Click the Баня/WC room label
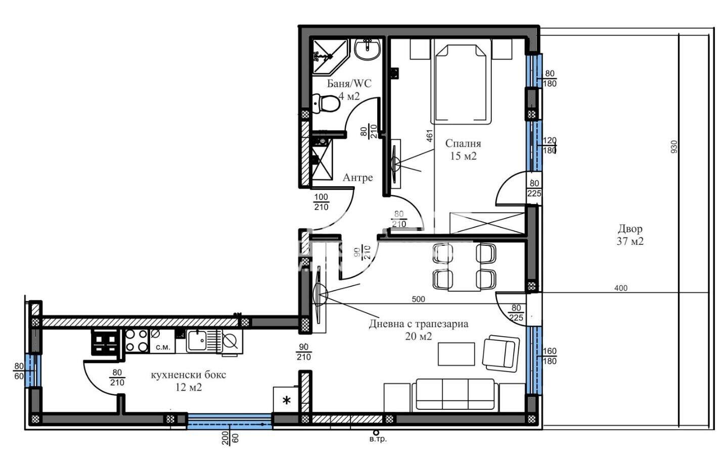[349, 84]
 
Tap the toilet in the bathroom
[326, 103]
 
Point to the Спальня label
[463, 143]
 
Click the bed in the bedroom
[462, 85]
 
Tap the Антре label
[357, 178]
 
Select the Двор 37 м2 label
[630, 235]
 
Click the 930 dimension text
[674, 147]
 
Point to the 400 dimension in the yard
[621, 288]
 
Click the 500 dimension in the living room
[418, 299]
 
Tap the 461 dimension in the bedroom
[430, 136]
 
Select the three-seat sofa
[455, 395]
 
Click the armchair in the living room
[500, 352]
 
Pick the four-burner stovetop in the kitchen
[136, 341]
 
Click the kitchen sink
[197, 341]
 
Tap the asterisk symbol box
[287, 400]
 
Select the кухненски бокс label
[188, 375]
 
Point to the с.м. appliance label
[163, 347]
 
